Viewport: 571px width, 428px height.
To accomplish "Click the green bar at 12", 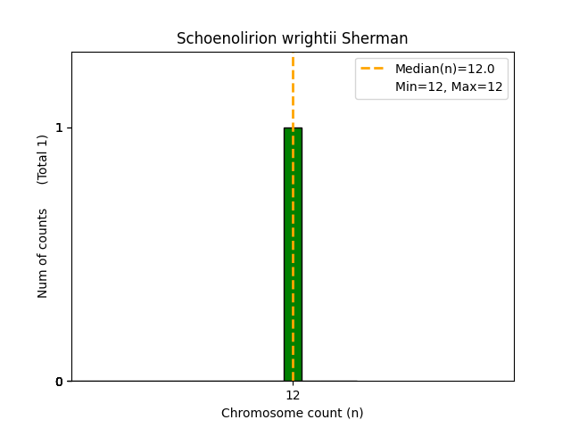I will pos(293,254).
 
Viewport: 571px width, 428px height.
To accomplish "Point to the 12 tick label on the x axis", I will pos(293,395).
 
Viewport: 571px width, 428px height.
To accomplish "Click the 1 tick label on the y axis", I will pos(60,128).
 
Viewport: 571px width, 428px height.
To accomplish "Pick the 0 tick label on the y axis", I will pos(60,382).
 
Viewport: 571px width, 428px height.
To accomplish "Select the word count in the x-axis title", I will pos(320,413).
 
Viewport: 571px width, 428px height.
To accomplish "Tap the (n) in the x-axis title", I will pos(354,413).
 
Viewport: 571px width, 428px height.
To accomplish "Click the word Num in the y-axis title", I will pos(43,283).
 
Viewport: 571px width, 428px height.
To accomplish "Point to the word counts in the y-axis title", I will pos(43,229).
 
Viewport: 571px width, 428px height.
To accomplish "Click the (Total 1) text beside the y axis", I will pos(43,159).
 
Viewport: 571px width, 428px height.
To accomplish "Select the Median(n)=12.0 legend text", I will pos(444,69).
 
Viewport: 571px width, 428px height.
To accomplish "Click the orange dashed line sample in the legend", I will pos(372,69).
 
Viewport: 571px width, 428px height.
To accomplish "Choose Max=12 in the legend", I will pos(479,87).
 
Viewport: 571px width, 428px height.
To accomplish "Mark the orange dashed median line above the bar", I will pos(293,89).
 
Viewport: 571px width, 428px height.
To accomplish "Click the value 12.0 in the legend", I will pos(482,69).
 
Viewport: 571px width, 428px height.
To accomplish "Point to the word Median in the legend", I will pos(418,69).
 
